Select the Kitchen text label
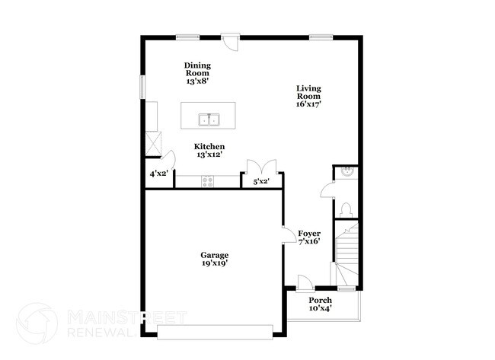tap(209, 146)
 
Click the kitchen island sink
tap(209, 119)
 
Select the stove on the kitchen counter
tap(207, 181)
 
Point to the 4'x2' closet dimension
tap(158, 174)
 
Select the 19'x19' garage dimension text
tap(214, 263)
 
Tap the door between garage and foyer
tap(288, 235)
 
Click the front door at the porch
tap(303, 282)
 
